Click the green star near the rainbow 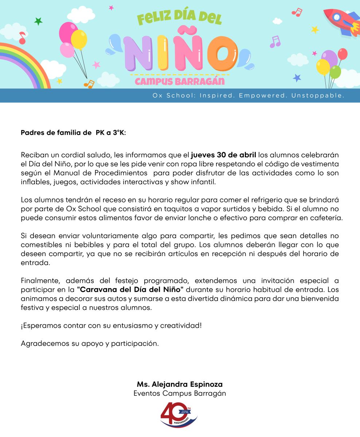[38, 21]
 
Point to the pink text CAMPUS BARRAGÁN [180, 81]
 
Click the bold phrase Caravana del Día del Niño [130, 290]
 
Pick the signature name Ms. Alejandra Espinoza [180, 384]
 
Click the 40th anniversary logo [179, 414]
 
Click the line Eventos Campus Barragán [180, 393]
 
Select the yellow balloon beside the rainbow [79, 39]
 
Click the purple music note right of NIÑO [275, 42]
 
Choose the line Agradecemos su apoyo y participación [90, 343]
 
